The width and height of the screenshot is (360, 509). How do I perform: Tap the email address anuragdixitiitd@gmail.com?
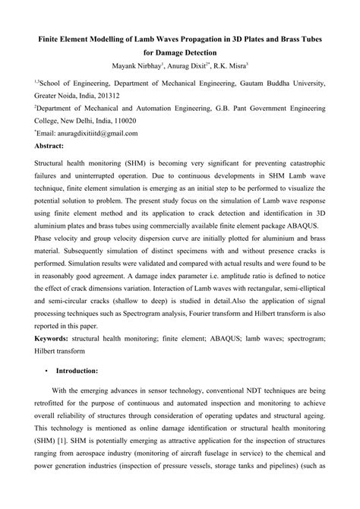click(x=89, y=133)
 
